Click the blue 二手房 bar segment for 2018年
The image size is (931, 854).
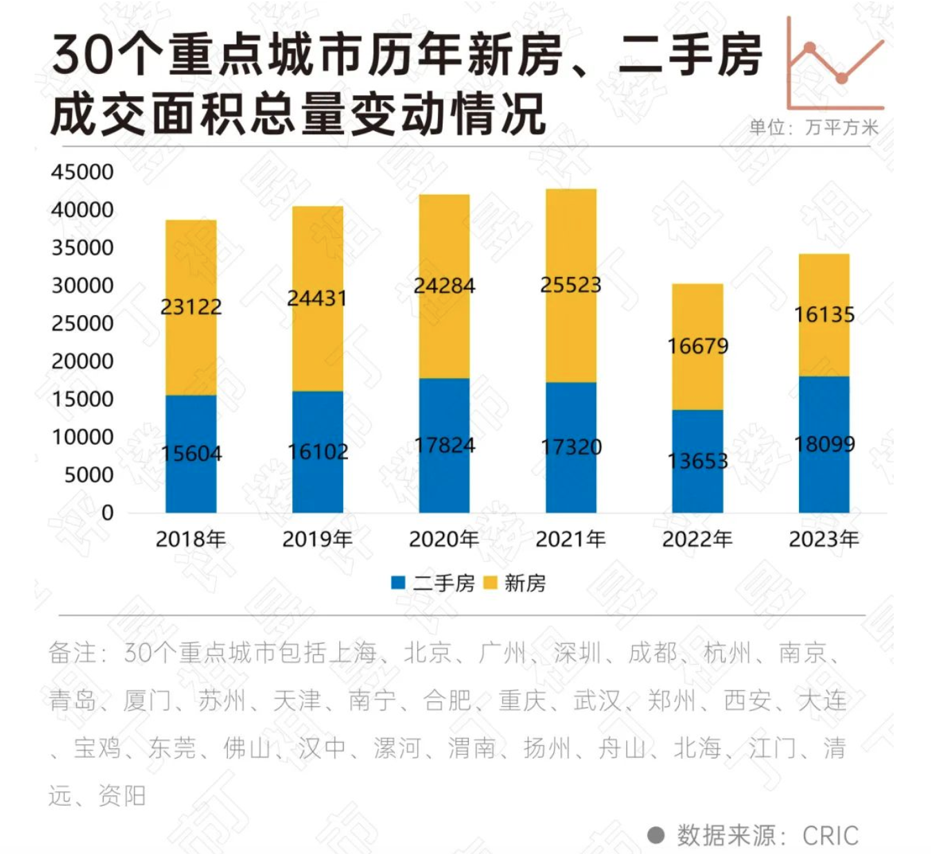pyautogui.click(x=191, y=484)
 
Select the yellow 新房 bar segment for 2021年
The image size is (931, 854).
pyautogui.click(x=570, y=332)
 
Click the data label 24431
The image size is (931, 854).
pyautogui.click(x=317, y=298)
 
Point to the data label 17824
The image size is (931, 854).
pyautogui.click(x=444, y=446)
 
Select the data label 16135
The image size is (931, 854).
pyautogui.click(x=824, y=315)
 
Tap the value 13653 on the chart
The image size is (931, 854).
pyautogui.click(x=698, y=461)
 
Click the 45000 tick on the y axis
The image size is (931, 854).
pyautogui.click(x=82, y=172)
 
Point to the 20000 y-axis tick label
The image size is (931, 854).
pyautogui.click(x=82, y=361)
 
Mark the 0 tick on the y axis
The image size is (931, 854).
pyautogui.click(x=107, y=513)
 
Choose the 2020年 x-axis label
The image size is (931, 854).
pyautogui.click(x=444, y=539)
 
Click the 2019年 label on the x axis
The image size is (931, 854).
pyautogui.click(x=317, y=539)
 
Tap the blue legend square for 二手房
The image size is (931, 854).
pyautogui.click(x=398, y=583)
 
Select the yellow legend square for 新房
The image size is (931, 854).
pyautogui.click(x=490, y=583)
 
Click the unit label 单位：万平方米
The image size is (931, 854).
pyautogui.click(x=814, y=127)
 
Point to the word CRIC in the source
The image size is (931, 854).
pyautogui.click(x=830, y=836)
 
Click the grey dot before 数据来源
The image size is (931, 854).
pyautogui.click(x=656, y=835)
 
